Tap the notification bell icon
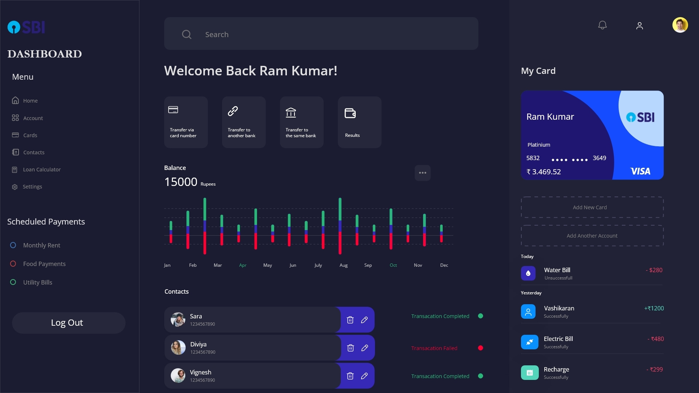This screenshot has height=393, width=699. click(x=603, y=25)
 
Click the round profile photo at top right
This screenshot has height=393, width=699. click(x=680, y=25)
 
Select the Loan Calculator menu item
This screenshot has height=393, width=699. click(x=42, y=170)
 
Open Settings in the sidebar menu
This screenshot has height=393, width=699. click(x=32, y=187)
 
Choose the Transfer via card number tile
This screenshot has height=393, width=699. click(x=186, y=122)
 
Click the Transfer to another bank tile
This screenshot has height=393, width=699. click(x=244, y=122)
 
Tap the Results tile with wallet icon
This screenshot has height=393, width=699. click(x=359, y=122)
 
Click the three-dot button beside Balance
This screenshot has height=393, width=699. click(x=422, y=173)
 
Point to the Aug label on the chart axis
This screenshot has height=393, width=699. click(x=343, y=265)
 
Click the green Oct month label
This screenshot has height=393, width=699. click(x=393, y=265)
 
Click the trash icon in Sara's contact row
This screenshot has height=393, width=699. click(x=350, y=320)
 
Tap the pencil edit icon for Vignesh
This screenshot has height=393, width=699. click(x=364, y=376)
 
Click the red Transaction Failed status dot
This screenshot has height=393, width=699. click(x=481, y=348)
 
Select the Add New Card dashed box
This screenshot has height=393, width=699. click(x=592, y=207)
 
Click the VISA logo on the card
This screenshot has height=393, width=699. click(x=640, y=171)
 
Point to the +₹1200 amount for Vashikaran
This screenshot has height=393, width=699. click(x=654, y=308)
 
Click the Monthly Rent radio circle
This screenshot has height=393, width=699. click(x=13, y=245)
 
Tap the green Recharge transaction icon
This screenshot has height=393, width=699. click(x=529, y=373)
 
